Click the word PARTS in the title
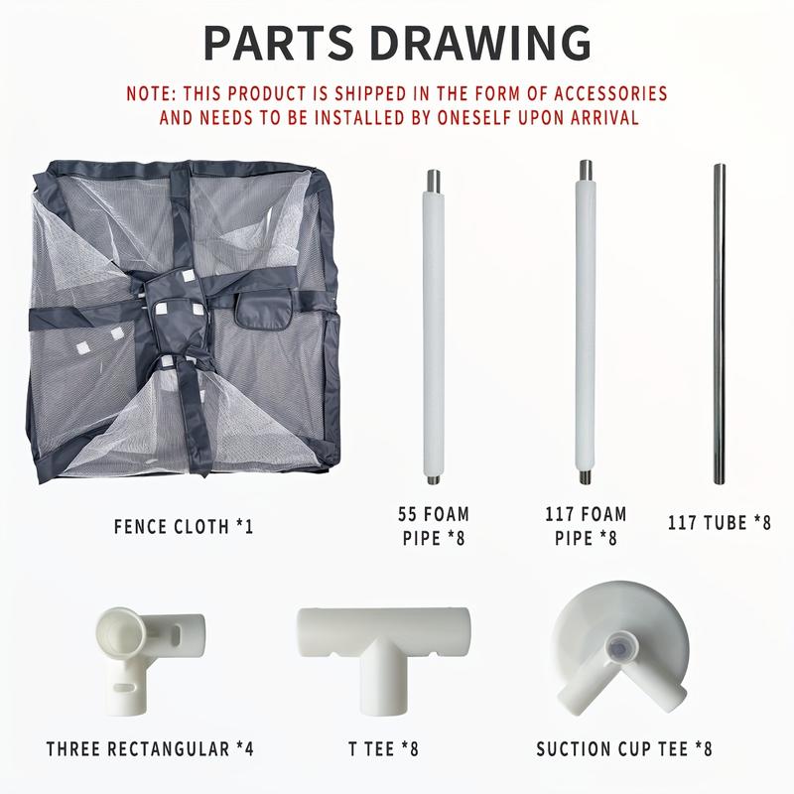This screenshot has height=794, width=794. click(278, 43)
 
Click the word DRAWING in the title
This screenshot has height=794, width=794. click(480, 43)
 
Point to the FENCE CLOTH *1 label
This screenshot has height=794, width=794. click(184, 527)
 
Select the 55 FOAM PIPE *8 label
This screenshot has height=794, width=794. click(434, 526)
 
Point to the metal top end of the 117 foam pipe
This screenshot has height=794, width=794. click(586, 170)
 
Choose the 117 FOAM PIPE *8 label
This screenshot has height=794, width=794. click(586, 526)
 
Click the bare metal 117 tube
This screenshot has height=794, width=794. click(719, 325)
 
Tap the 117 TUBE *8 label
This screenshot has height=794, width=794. click(719, 523)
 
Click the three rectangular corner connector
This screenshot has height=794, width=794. click(147, 658)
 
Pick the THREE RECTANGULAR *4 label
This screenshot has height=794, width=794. click(150, 749)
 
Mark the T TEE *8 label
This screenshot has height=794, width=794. click(383, 749)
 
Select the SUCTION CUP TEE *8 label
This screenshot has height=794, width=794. click(624, 749)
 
